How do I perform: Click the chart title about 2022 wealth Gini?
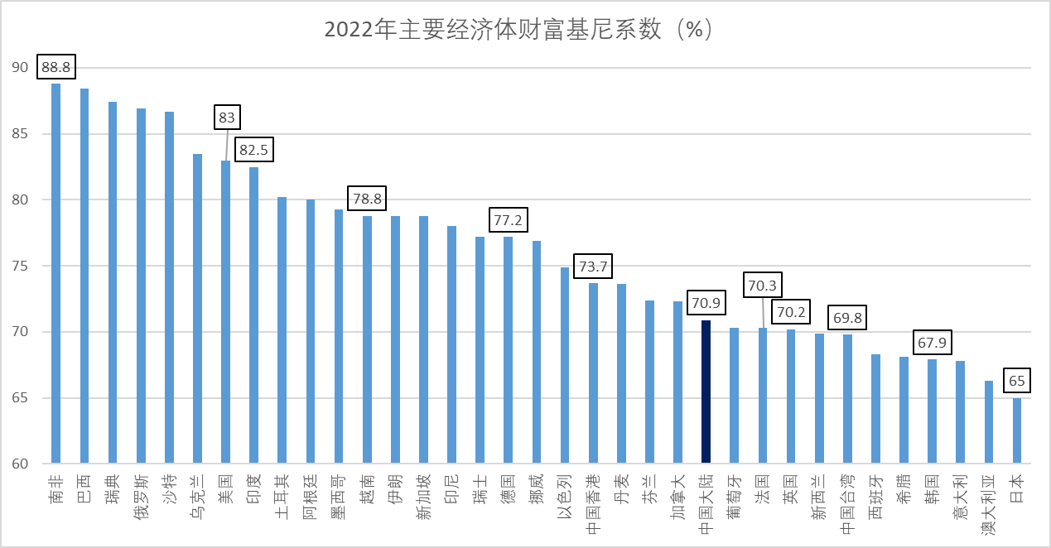pyautogui.click(x=518, y=30)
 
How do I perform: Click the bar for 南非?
pyautogui.click(x=55, y=273)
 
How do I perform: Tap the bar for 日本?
pyautogui.click(x=1017, y=430)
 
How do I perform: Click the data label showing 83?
pyautogui.click(x=226, y=118)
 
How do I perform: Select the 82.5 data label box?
pyautogui.click(x=253, y=151)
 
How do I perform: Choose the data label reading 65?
pyautogui.click(x=1017, y=382)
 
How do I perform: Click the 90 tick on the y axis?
pyautogui.click(x=20, y=68)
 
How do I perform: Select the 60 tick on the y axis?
pyautogui.click(x=20, y=463)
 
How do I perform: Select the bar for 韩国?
pyautogui.click(x=933, y=411)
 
